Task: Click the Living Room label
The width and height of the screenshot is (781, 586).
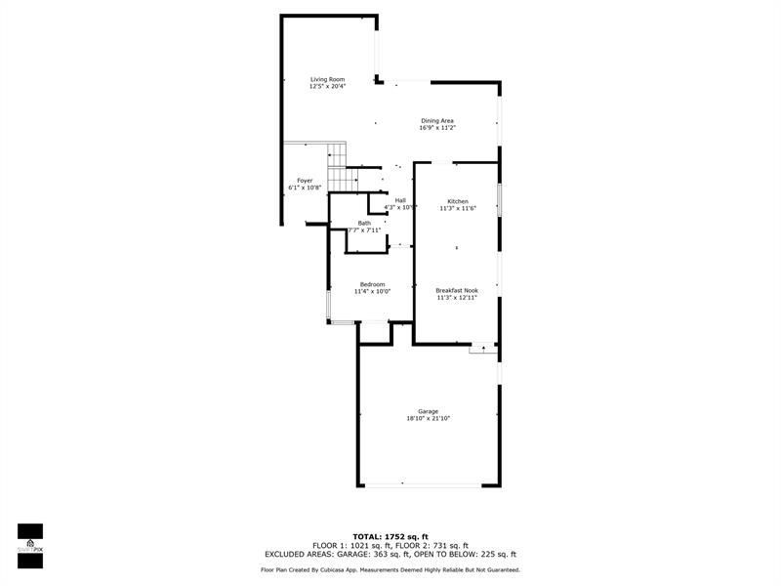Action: [x=327, y=79]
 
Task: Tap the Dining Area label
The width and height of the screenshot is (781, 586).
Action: [x=437, y=120]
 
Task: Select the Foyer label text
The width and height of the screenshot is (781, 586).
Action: [x=305, y=181]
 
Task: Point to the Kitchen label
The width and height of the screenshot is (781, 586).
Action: [x=458, y=201]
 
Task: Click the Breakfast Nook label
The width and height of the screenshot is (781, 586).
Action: [x=456, y=290]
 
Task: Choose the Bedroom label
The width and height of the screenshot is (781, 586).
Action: [x=372, y=284]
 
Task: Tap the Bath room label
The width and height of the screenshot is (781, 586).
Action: [x=364, y=223]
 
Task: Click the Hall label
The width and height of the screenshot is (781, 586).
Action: [x=400, y=200]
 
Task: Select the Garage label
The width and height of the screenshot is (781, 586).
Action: [x=428, y=411]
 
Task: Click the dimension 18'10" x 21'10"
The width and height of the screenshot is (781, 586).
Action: [x=428, y=419]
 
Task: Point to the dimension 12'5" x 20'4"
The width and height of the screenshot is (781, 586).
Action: [x=327, y=87]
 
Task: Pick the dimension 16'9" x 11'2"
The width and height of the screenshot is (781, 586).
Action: [x=437, y=128]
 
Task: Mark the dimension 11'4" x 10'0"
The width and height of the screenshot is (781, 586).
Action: [x=372, y=292]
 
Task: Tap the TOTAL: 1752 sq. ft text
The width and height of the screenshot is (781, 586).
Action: [x=390, y=536]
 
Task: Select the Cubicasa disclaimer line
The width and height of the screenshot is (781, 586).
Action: [x=390, y=569]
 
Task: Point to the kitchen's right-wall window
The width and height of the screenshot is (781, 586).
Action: [x=499, y=200]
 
